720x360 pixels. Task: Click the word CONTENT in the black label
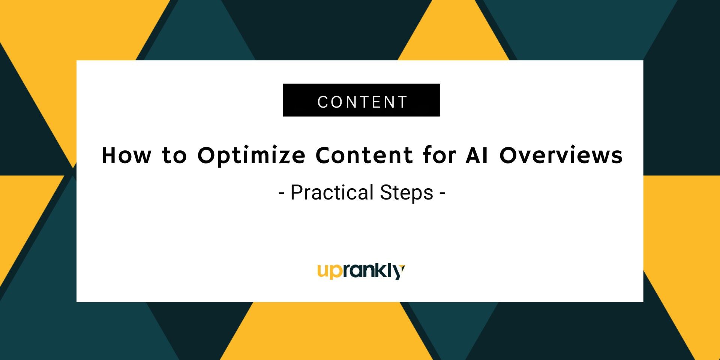362,102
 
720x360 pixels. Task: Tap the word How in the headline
127,155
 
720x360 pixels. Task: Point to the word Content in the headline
364,155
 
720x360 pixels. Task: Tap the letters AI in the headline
477,155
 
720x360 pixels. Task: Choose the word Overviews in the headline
561,155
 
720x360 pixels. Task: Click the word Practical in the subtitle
331,192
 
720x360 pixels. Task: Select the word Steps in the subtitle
406,193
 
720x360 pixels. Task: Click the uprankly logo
361,271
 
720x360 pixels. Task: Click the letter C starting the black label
323,102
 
